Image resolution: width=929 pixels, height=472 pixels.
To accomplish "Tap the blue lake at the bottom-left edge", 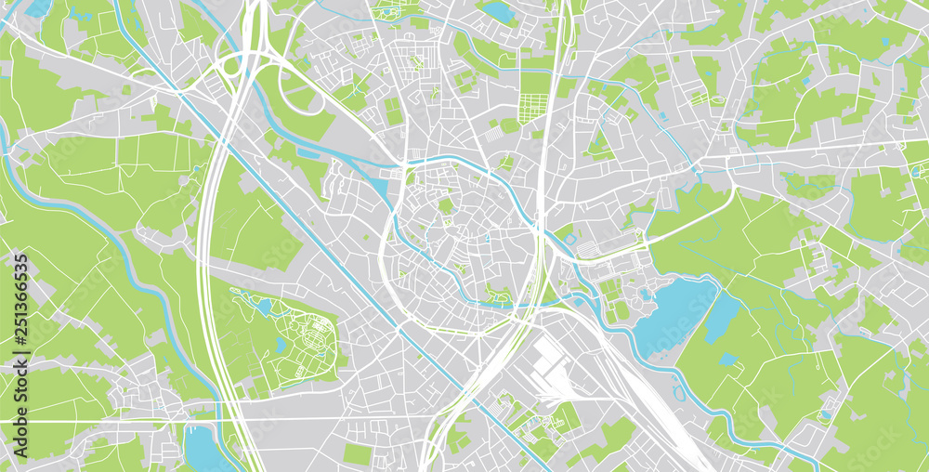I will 200,451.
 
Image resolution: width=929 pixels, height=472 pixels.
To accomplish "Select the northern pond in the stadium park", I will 265,306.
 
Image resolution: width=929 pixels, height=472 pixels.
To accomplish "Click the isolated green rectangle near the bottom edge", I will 358,453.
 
